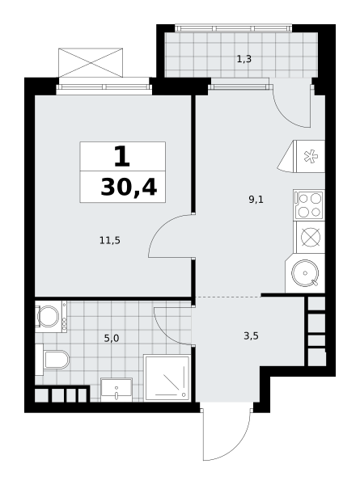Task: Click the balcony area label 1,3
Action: [x=244, y=59]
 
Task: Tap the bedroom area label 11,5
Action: [x=110, y=240]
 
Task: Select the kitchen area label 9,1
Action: [x=256, y=200]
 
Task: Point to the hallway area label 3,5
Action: [x=251, y=335]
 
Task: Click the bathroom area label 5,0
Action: [x=112, y=339]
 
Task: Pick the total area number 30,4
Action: [x=129, y=188]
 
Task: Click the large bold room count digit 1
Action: [x=122, y=157]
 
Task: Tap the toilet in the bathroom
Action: [x=53, y=360]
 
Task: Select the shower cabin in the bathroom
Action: [x=167, y=377]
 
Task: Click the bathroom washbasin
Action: [x=116, y=390]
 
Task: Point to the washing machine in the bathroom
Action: [x=51, y=316]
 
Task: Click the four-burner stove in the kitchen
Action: [x=308, y=205]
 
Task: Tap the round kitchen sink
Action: [x=305, y=273]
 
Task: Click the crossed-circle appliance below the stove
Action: [x=311, y=237]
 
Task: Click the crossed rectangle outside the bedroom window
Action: [x=91, y=62]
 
